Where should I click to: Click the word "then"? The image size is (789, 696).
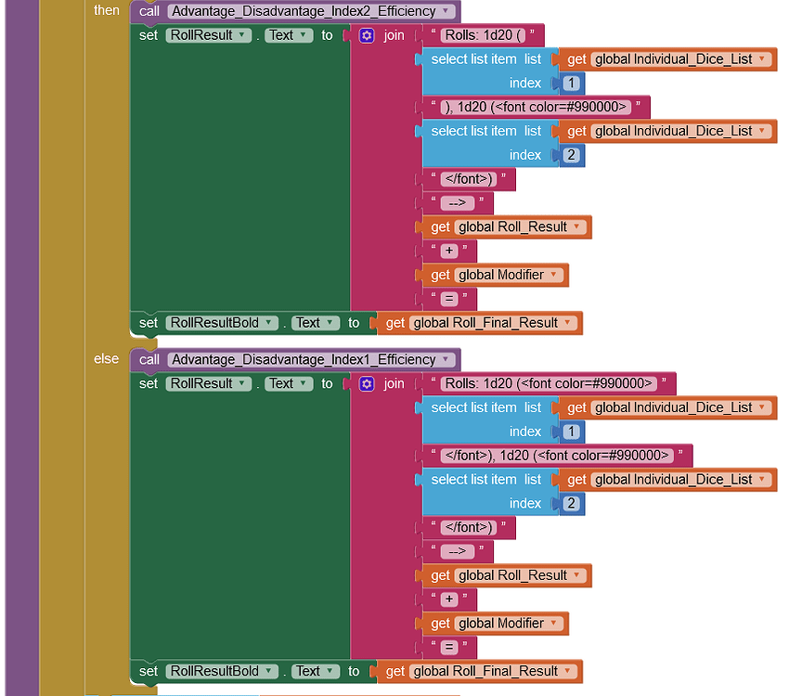[x=107, y=10]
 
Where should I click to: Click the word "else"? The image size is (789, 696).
[x=107, y=358]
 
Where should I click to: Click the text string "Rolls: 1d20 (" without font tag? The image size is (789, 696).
[x=483, y=35]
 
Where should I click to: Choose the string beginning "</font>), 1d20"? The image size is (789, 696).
[x=557, y=455]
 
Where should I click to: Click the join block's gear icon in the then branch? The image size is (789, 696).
[x=367, y=35]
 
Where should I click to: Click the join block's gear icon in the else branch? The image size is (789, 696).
[x=367, y=383]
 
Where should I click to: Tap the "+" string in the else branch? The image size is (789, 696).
[x=449, y=599]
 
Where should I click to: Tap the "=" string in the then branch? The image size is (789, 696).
[x=449, y=299]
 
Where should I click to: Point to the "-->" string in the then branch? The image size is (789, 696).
[x=457, y=203]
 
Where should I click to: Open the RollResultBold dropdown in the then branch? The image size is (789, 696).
[x=223, y=323]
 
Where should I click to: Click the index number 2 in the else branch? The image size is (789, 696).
[x=573, y=504]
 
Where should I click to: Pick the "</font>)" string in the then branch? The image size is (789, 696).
[x=468, y=179]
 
